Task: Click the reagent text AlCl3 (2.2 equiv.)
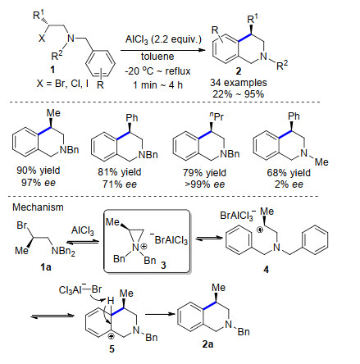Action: (x=163, y=40)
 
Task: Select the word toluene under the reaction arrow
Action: (x=157, y=57)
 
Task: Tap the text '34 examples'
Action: (x=239, y=83)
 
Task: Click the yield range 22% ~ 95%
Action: (x=239, y=94)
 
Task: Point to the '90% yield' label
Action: (x=39, y=171)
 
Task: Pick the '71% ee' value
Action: (x=120, y=184)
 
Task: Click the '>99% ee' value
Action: (x=204, y=184)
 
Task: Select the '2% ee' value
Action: (x=289, y=184)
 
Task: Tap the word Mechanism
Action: (x=38, y=207)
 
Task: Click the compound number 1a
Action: (x=46, y=266)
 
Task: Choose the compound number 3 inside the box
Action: (x=163, y=265)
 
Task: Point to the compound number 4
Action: (x=266, y=270)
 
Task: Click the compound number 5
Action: (x=112, y=349)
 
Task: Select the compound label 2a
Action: (x=207, y=344)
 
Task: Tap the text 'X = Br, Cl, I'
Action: (x=62, y=84)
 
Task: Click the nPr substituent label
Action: (x=216, y=116)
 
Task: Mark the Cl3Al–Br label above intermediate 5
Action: (x=80, y=289)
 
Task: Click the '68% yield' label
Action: (x=289, y=173)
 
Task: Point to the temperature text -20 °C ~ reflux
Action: (x=157, y=71)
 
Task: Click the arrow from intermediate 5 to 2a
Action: (x=160, y=314)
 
